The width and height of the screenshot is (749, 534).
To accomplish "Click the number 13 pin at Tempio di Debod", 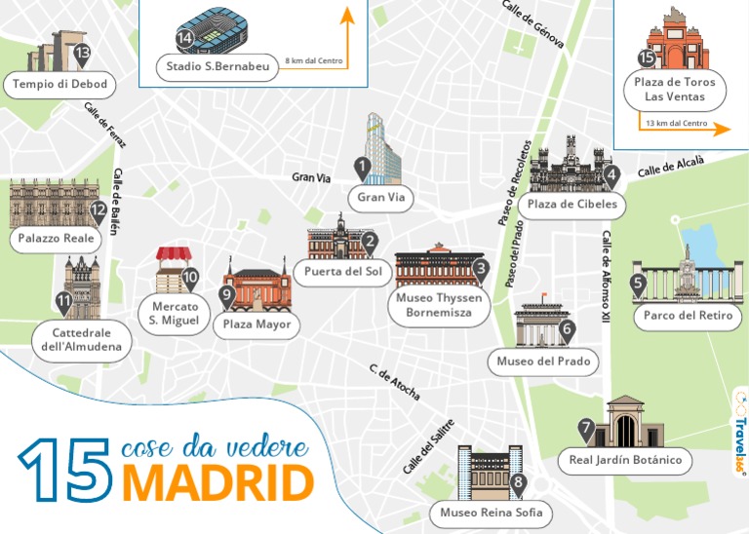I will (x=82, y=54).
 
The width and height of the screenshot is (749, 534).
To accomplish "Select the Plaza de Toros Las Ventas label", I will (x=675, y=90).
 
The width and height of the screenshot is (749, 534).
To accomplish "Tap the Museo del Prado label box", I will (x=542, y=362).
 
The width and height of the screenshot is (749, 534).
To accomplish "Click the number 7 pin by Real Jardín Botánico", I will (x=585, y=428).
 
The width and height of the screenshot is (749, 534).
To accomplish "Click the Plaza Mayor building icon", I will (x=258, y=286).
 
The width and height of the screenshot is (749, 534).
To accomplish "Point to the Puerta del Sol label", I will (x=342, y=271).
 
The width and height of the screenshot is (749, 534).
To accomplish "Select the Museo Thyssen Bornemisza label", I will (x=439, y=306).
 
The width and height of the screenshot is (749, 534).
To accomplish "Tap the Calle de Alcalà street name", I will (x=670, y=168).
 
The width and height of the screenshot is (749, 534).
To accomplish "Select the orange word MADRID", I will (x=217, y=483).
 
